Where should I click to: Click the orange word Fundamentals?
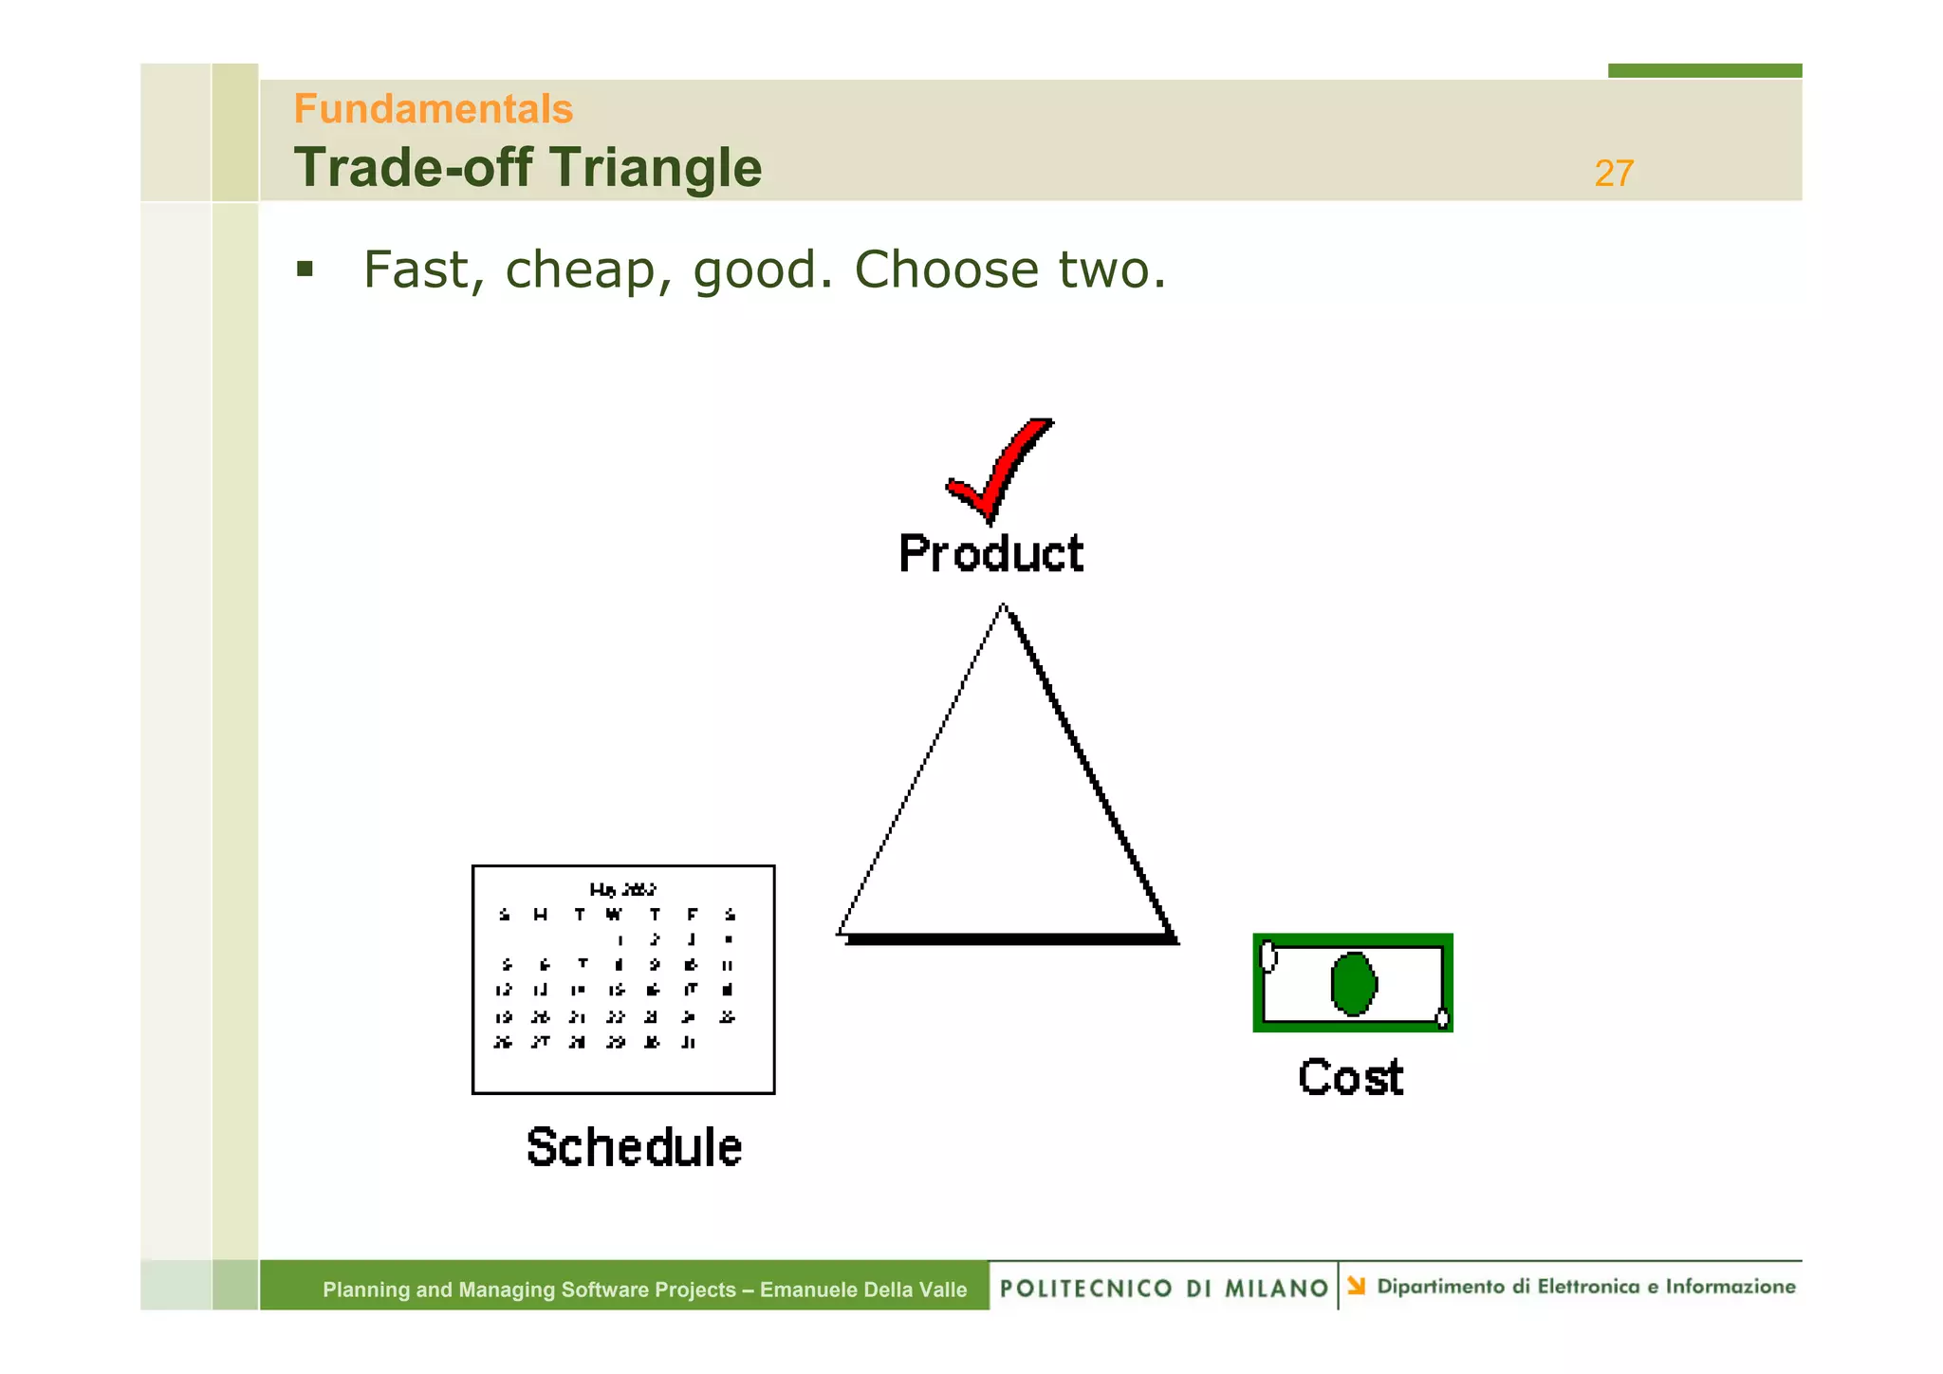433,109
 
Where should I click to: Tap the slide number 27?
1613,174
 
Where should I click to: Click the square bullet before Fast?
305,269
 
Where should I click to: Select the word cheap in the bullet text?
579,269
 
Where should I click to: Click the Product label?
990,554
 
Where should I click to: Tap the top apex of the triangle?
1004,607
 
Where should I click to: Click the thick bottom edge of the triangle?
1010,938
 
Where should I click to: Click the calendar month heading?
622,889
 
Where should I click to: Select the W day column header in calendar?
615,915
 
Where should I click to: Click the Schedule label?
634,1147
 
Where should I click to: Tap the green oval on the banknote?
1353,984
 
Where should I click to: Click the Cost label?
1350,1078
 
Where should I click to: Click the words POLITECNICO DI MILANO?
1163,1289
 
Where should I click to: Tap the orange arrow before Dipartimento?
1357,1286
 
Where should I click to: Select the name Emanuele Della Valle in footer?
863,1290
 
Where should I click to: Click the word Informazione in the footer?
1730,1287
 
